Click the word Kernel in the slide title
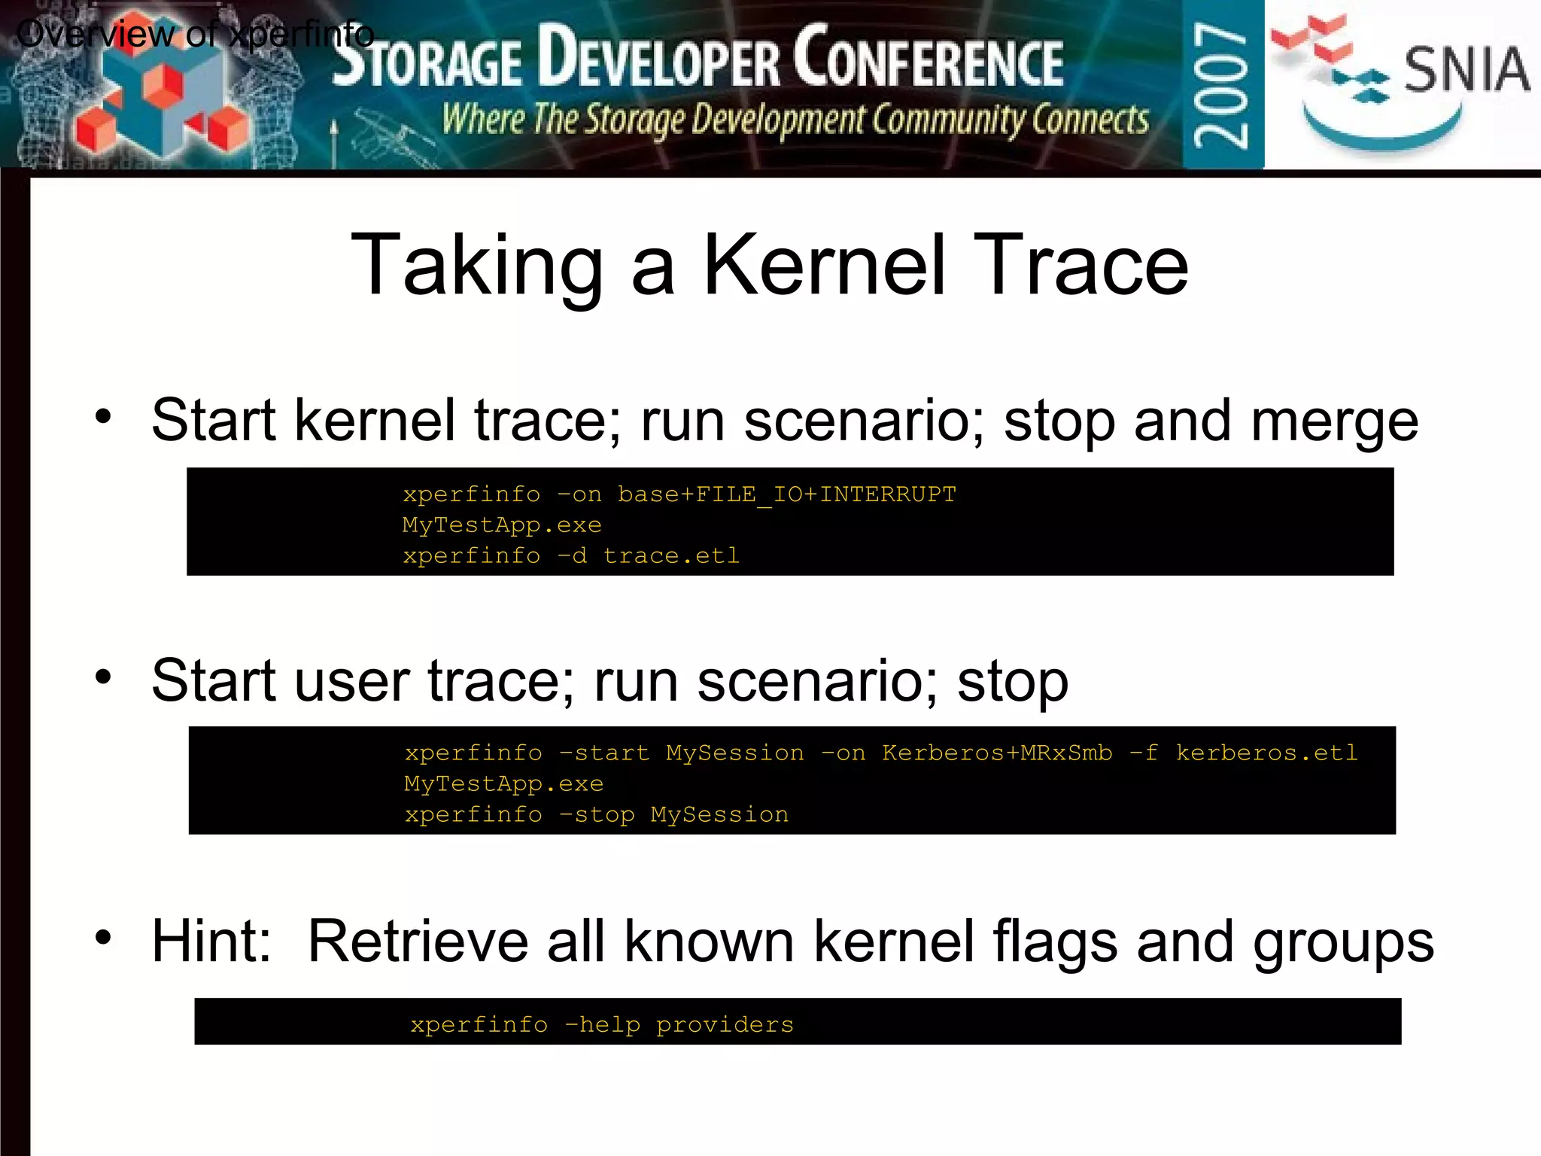point(822,266)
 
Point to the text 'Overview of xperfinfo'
point(195,35)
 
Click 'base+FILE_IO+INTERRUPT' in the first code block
point(786,494)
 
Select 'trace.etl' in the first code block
point(671,556)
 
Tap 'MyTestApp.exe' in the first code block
point(502,525)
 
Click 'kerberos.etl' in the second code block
point(1266,753)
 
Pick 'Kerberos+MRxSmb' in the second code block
point(997,753)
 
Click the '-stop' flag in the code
point(597,815)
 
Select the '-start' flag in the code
point(604,753)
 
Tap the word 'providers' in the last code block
point(725,1025)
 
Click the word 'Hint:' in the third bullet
point(211,942)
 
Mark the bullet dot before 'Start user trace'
point(103,677)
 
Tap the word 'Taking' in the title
point(476,266)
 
